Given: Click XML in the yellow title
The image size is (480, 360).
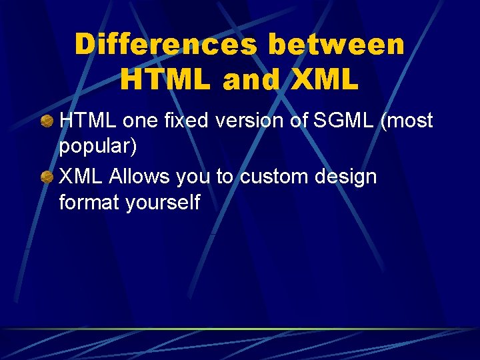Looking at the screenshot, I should click(x=325, y=80).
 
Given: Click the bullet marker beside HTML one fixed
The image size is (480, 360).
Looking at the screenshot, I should click(x=47, y=122).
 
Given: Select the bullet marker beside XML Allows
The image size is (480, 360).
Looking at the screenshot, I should click(x=47, y=178).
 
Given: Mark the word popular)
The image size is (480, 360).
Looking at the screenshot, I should click(x=98, y=147).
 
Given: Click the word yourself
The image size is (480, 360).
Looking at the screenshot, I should click(x=163, y=203).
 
